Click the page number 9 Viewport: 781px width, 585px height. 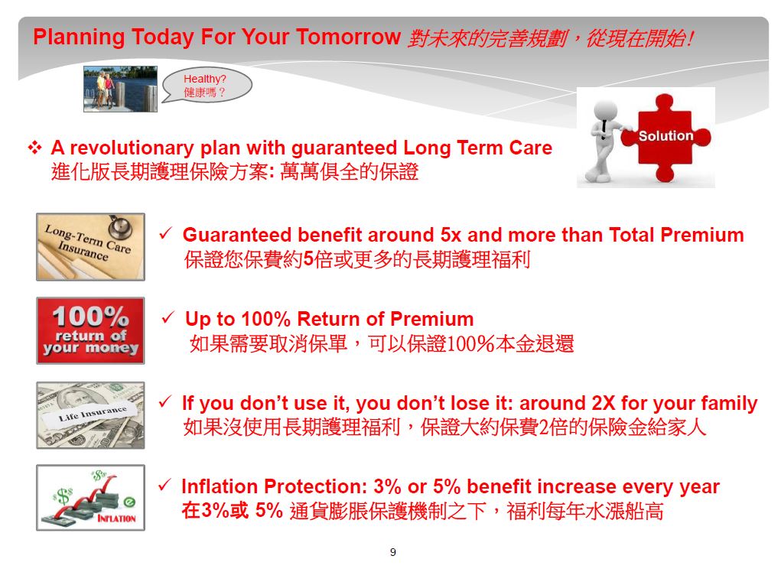[393, 551]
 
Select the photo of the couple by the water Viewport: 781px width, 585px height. [121, 89]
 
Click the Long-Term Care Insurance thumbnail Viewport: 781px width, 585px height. [91, 247]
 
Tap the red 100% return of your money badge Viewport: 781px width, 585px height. [91, 330]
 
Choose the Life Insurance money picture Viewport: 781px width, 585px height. [91, 415]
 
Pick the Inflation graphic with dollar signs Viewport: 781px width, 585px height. [91, 498]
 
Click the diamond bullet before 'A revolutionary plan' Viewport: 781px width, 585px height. [35, 148]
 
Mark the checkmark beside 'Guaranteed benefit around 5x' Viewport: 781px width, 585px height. [166, 233]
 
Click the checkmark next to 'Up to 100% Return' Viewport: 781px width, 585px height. [168, 317]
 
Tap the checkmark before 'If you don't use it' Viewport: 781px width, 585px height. [165, 401]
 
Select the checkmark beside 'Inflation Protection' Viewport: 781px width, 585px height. [165, 485]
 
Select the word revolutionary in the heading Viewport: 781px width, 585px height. [132, 148]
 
